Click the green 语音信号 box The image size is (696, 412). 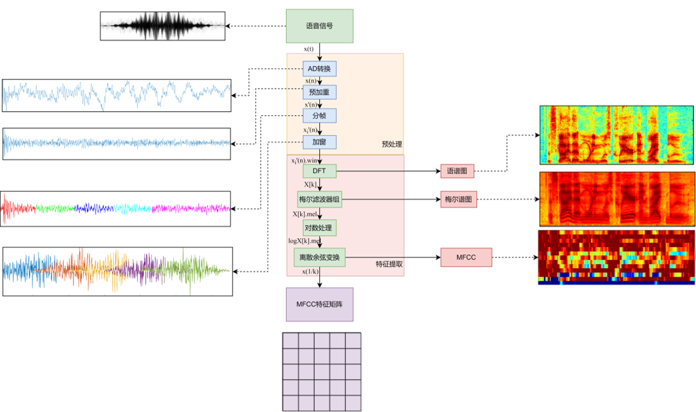tap(319, 26)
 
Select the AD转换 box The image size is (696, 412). tap(319, 69)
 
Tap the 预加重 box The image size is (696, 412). tap(319, 92)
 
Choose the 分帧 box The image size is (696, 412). tap(319, 116)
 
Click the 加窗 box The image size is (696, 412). tap(319, 142)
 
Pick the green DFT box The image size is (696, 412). tap(319, 171)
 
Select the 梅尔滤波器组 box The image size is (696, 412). tap(319, 199)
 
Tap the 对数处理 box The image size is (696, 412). tap(319, 228)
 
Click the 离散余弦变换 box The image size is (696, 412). tap(319, 257)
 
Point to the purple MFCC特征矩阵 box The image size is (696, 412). tap(319, 304)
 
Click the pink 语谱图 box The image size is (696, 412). tap(457, 171)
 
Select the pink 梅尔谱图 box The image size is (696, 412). tap(459, 200)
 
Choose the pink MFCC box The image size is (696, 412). tap(466, 257)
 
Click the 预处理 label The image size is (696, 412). tap(392, 144)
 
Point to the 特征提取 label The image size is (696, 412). tap(389, 264)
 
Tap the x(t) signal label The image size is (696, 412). tap(308, 49)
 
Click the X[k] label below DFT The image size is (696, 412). tap(310, 184)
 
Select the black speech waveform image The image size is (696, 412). tap(162, 26)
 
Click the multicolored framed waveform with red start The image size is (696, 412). tap(115, 209)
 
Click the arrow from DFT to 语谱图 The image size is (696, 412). tap(388, 171)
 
